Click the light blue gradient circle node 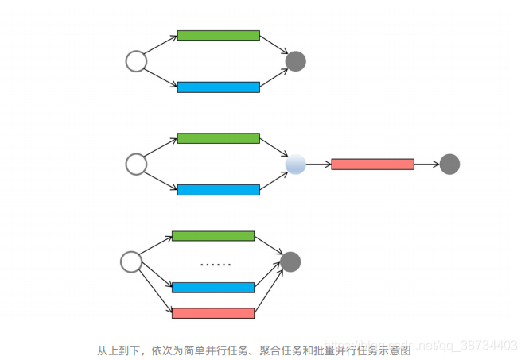click(x=295, y=165)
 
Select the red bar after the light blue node click(x=372, y=165)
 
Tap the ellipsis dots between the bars click(x=215, y=263)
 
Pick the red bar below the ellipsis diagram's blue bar click(x=213, y=313)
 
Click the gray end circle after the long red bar click(x=449, y=165)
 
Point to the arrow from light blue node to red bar click(x=318, y=165)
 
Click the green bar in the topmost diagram click(x=218, y=35)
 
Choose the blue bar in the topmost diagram click(x=218, y=87)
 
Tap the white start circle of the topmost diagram click(x=136, y=61)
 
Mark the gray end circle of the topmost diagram click(x=295, y=61)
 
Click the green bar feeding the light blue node click(x=218, y=138)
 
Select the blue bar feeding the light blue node click(x=218, y=190)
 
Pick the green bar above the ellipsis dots click(x=213, y=236)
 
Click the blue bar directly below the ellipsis click(x=213, y=288)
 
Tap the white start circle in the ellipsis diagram click(x=131, y=261)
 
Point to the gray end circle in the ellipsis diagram click(x=290, y=261)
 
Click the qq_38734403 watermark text click(x=478, y=345)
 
